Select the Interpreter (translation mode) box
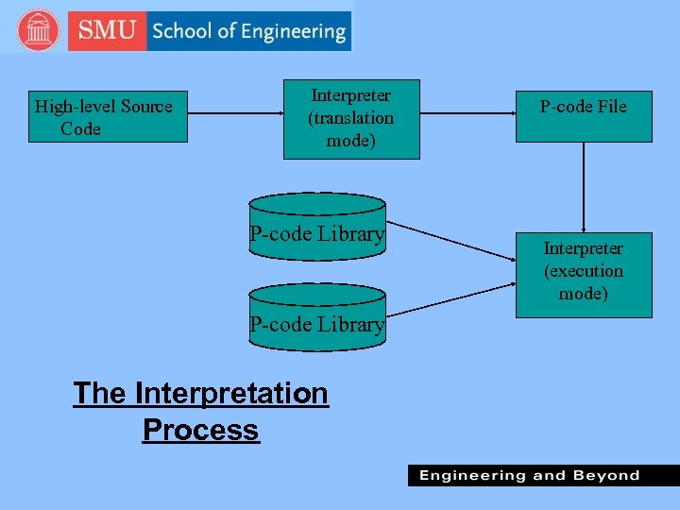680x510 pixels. point(351,119)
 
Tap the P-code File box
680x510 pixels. point(583,116)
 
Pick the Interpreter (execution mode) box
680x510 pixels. point(583,274)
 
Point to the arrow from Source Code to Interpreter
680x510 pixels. point(236,114)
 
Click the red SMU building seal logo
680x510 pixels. point(38,31)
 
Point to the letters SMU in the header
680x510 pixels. point(106,31)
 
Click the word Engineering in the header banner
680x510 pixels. point(293,32)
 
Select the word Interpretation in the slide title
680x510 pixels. point(231,393)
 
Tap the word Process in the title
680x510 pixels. point(200,430)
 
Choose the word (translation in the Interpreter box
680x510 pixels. point(351,118)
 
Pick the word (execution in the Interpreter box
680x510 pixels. point(584,271)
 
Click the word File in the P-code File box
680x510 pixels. point(610,107)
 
